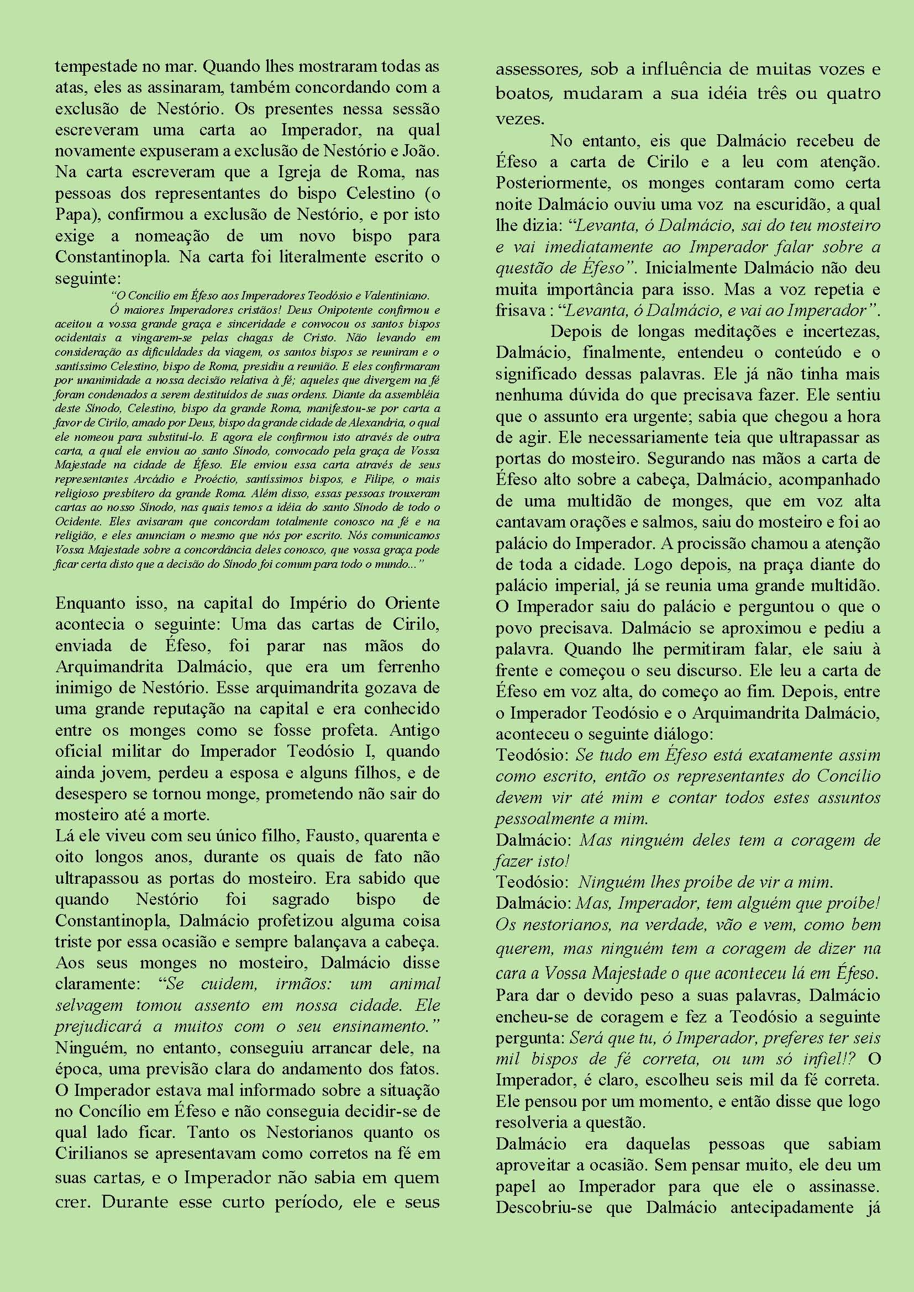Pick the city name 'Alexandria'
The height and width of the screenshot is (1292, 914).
tap(400, 422)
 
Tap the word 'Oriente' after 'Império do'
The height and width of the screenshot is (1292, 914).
tap(413, 603)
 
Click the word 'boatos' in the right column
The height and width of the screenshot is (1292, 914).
tap(521, 94)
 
